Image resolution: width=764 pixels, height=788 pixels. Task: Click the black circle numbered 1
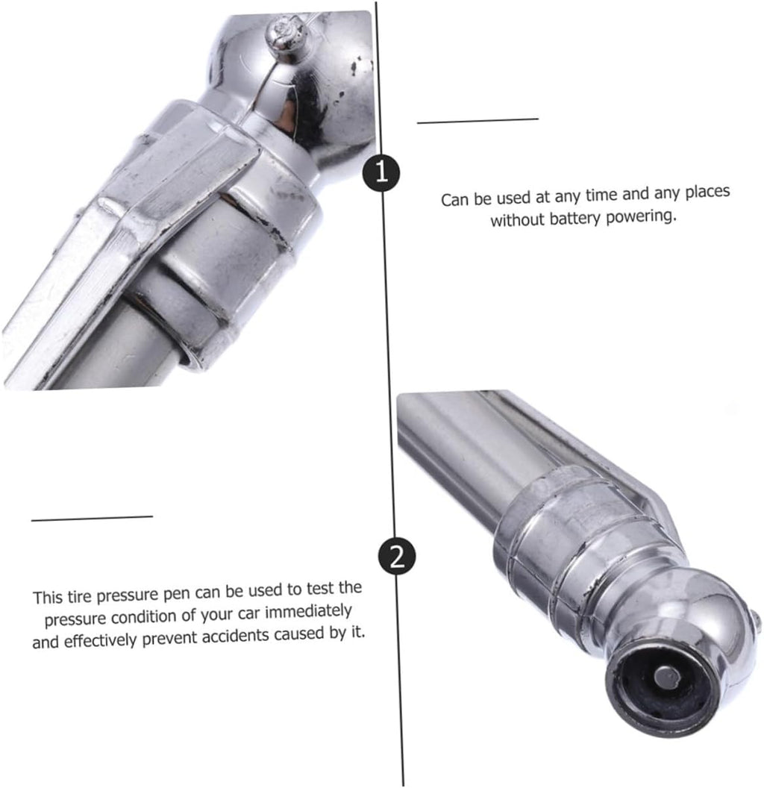click(x=382, y=172)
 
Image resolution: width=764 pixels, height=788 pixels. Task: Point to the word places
click(x=708, y=192)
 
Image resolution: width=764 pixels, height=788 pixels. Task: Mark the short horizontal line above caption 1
click(x=477, y=121)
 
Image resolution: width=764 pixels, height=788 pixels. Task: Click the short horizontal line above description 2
click(x=92, y=518)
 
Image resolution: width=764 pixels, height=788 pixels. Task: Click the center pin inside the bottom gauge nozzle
click(x=666, y=677)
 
